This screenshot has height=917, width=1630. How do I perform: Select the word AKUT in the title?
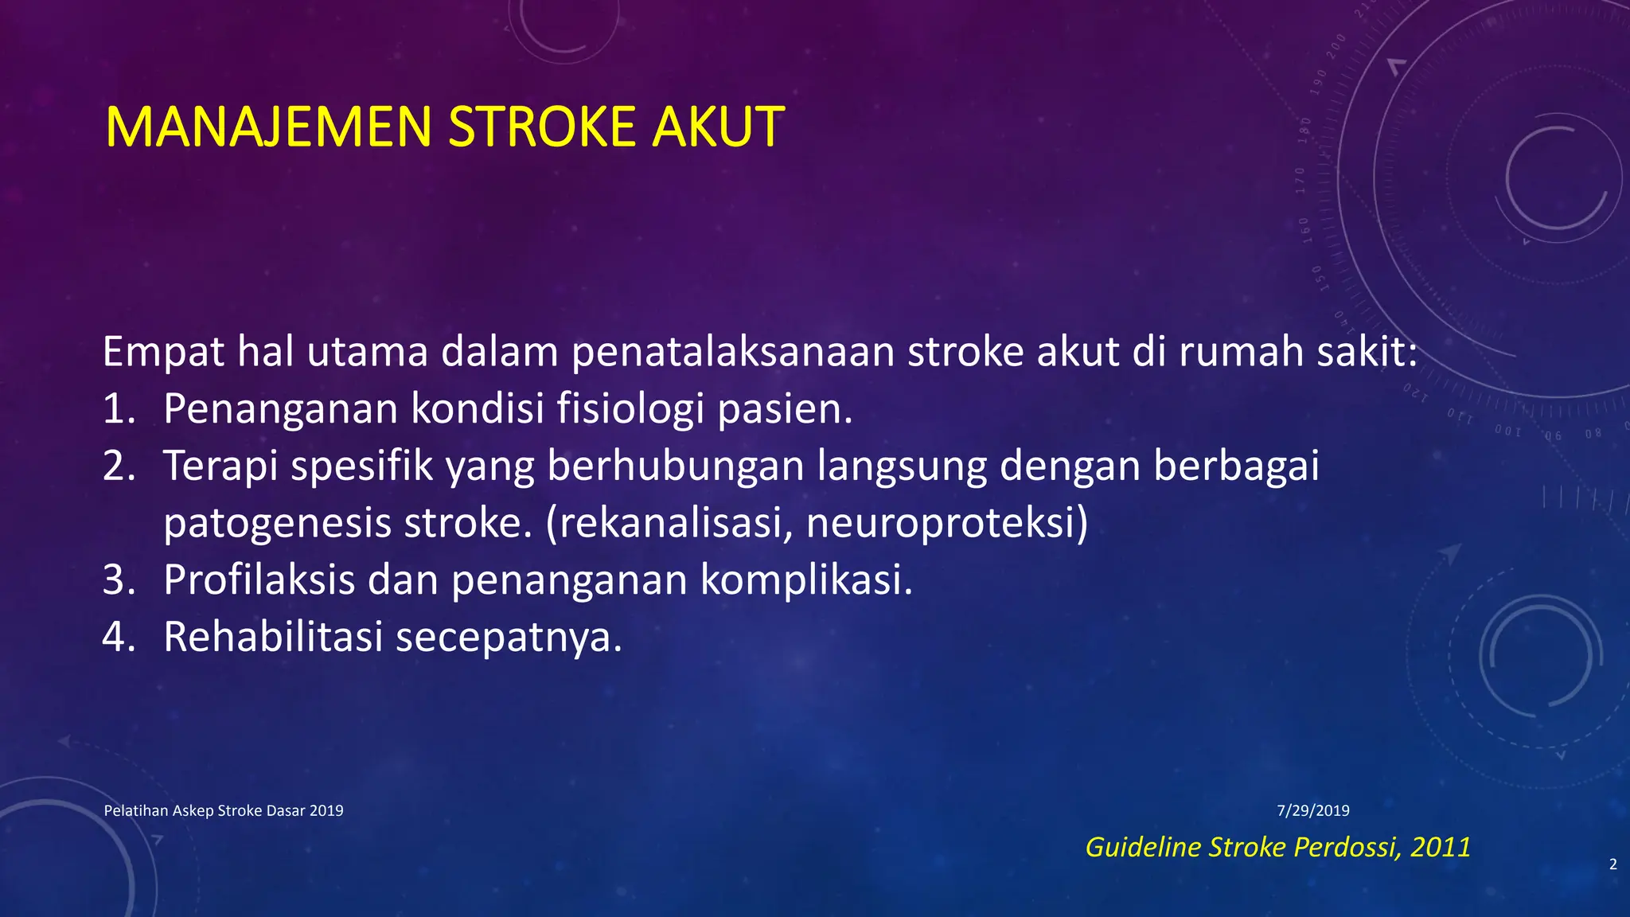pyautogui.click(x=718, y=127)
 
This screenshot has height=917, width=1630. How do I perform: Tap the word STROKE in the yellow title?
pyautogui.click(x=542, y=127)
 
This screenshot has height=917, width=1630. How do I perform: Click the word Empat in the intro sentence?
pyautogui.click(x=163, y=353)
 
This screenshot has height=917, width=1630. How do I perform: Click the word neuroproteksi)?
pyautogui.click(x=946, y=524)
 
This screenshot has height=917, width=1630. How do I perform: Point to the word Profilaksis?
pyautogui.click(x=259, y=580)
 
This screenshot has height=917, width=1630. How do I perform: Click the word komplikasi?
pyautogui.click(x=806, y=580)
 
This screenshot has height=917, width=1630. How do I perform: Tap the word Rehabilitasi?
pyautogui.click(x=273, y=638)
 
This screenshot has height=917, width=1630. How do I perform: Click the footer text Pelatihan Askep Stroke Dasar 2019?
pyautogui.click(x=224, y=811)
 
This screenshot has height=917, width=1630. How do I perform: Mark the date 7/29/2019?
pyautogui.click(x=1313, y=811)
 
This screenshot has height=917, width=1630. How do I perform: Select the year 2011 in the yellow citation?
pyautogui.click(x=1440, y=847)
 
